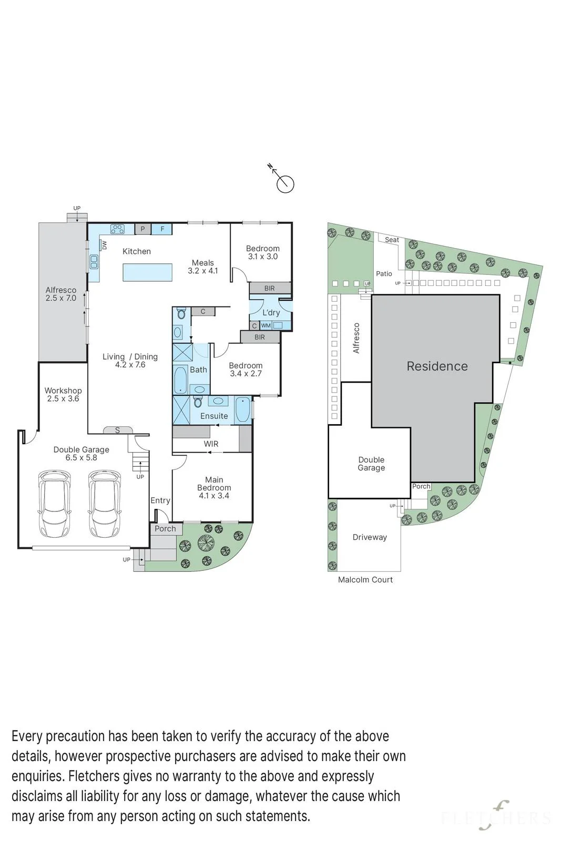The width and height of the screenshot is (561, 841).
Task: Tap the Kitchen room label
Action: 137,252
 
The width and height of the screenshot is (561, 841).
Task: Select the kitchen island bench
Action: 148,272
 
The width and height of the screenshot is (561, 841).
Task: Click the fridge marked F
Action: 162,229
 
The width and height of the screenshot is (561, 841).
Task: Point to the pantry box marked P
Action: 142,229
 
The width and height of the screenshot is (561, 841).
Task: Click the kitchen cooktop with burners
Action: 117,229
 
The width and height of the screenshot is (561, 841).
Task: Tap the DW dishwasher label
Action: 105,245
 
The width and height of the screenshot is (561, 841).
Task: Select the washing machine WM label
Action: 266,325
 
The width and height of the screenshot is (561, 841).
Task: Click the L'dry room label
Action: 271,312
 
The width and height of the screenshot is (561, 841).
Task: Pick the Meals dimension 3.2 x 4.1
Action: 203,271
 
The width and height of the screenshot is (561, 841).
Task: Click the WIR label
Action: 211,444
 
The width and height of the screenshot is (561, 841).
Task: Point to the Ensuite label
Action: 214,416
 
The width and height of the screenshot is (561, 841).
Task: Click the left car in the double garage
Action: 55,504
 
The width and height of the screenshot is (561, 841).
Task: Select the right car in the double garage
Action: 105,504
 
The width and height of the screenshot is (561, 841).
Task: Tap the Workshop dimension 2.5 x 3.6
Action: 63,399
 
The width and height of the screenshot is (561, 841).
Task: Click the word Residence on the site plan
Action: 437,366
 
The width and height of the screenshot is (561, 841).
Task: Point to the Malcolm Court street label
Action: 365,580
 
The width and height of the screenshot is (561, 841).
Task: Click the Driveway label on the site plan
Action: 370,537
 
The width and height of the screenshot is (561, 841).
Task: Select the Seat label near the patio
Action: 392,240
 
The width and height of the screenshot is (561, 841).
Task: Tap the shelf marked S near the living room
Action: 118,430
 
